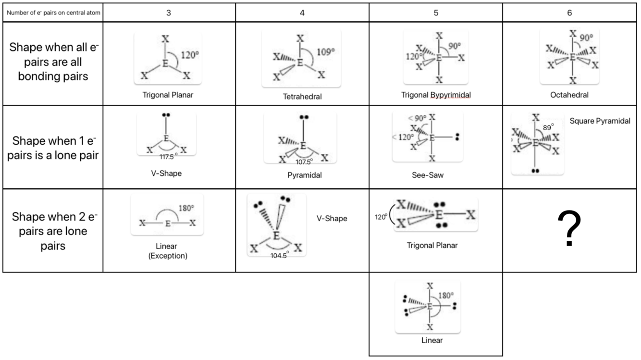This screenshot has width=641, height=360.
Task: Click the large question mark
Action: (x=569, y=228)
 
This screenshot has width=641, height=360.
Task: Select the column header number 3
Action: (x=169, y=13)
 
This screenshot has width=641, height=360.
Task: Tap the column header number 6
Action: (x=569, y=13)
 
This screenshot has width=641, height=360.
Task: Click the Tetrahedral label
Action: (x=302, y=97)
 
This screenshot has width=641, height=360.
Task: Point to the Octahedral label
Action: (x=569, y=95)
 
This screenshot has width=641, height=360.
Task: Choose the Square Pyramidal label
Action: (x=600, y=121)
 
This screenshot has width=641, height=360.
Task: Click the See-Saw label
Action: (x=428, y=175)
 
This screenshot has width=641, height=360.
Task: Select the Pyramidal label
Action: (x=305, y=175)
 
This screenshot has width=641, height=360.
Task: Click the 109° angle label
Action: (x=326, y=52)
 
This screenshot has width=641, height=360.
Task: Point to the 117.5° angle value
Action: (x=168, y=157)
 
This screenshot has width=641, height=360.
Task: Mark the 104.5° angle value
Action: (x=280, y=256)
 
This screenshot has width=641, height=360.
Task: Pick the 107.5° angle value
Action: (x=304, y=162)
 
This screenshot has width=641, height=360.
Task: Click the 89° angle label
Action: (x=548, y=127)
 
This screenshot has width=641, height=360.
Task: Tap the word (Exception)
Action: (x=168, y=256)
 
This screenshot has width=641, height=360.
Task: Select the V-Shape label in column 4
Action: (x=332, y=219)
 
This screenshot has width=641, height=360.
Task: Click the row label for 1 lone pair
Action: (x=53, y=148)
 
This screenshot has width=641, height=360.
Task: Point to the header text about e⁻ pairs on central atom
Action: (x=53, y=13)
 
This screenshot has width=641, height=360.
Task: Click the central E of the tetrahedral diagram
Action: (x=300, y=62)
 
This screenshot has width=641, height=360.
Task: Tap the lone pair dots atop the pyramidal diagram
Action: (x=304, y=117)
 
